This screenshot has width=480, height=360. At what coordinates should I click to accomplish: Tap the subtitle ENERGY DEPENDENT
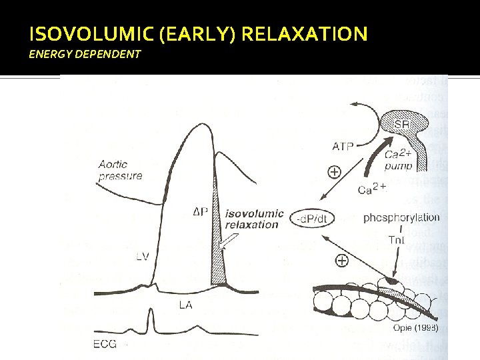(x=85, y=54)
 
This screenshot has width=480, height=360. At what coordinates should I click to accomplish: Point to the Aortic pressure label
(x=120, y=171)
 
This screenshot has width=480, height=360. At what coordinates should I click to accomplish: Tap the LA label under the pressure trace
(x=185, y=305)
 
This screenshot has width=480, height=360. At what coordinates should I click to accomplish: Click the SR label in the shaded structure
(x=401, y=125)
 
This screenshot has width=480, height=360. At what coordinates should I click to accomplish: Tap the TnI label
(x=396, y=239)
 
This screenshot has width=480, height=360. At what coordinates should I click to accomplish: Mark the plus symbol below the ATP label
(x=334, y=171)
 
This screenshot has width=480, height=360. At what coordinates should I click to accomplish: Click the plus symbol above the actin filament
(x=341, y=261)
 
